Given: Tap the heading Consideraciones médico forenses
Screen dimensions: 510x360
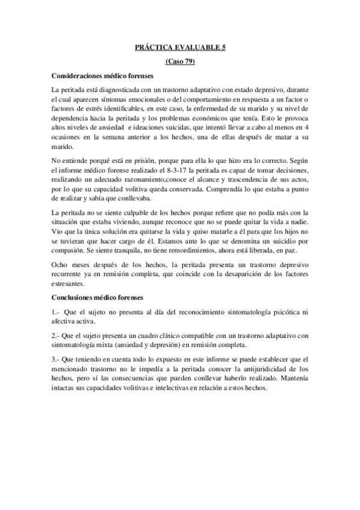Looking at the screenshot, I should point(103,76).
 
